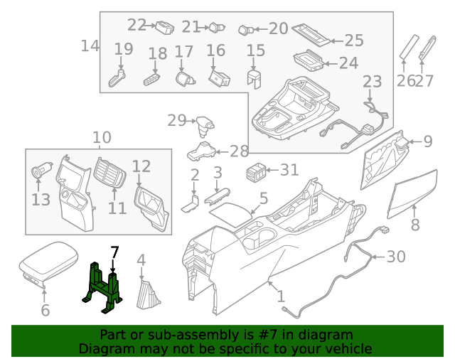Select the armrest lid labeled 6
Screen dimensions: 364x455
46,264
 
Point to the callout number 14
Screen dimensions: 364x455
90,46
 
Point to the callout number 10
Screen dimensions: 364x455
102,136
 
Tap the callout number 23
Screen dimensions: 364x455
372,82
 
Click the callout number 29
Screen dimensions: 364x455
176,120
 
